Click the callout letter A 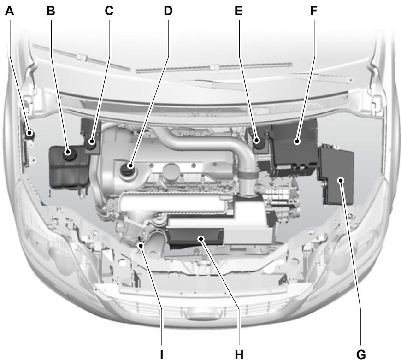tap(9, 11)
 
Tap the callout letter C tap(109, 11)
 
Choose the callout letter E tap(238, 11)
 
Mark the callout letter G tap(361, 354)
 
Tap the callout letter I tap(162, 354)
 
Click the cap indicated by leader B tap(70, 152)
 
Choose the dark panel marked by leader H tap(196, 237)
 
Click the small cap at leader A tap(30, 134)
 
